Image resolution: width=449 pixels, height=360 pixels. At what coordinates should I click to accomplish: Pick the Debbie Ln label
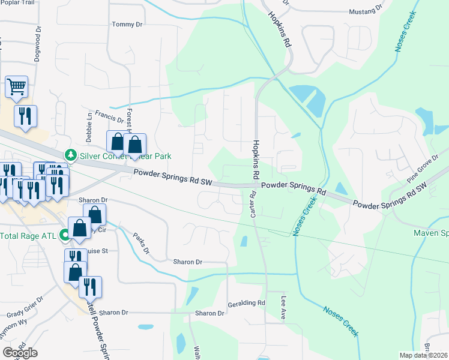pos(90,133)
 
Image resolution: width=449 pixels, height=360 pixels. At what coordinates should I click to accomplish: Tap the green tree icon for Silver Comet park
pos(71,156)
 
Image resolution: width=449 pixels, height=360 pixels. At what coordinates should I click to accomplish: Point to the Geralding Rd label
pos(246,303)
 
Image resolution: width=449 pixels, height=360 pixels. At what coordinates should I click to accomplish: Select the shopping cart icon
pos(17,86)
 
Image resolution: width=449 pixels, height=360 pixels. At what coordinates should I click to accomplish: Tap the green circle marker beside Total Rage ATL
pos(64,236)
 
